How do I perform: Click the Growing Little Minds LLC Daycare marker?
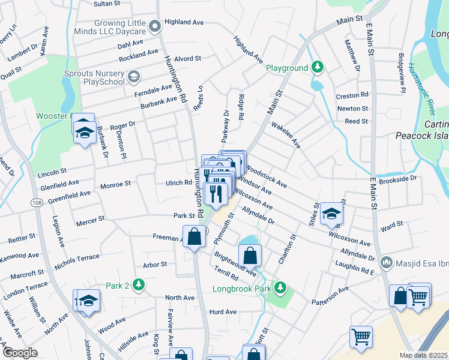point(155,26)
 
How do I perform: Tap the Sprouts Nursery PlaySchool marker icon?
point(133,76)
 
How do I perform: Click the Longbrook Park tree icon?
point(279,288)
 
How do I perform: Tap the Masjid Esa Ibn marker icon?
point(387,263)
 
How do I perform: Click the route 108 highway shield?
point(37,203)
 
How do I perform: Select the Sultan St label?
point(107,4)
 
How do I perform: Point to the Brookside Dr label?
point(397,179)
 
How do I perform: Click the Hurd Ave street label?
point(223,312)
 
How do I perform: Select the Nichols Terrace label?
point(77,257)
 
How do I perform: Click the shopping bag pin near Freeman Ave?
point(194,236)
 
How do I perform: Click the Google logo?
point(20,353)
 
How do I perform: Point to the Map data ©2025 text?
point(423,355)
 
